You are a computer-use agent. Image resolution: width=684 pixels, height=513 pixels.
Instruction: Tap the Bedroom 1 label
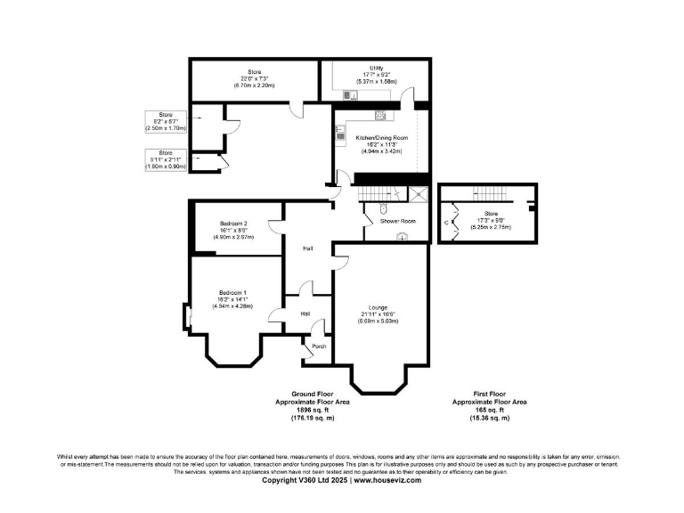(x=233, y=292)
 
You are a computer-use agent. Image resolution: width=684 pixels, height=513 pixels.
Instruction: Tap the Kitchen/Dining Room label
(x=381, y=138)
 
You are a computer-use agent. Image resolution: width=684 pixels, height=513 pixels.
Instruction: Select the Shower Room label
(x=392, y=220)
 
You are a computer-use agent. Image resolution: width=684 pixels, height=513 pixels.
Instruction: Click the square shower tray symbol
(x=418, y=194)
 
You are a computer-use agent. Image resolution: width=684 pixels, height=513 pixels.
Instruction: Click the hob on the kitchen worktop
(x=339, y=134)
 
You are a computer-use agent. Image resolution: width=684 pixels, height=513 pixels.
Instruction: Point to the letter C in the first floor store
(x=448, y=224)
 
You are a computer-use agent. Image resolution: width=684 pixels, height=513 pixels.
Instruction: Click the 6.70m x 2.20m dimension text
(x=237, y=85)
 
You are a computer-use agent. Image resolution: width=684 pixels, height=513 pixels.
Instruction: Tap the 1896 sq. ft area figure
(x=312, y=410)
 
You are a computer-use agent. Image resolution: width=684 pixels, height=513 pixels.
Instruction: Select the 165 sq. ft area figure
(x=489, y=410)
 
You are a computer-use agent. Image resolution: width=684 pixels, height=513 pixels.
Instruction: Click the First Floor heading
(x=489, y=394)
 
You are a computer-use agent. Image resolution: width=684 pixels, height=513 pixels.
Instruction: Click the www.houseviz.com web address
(x=387, y=479)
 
